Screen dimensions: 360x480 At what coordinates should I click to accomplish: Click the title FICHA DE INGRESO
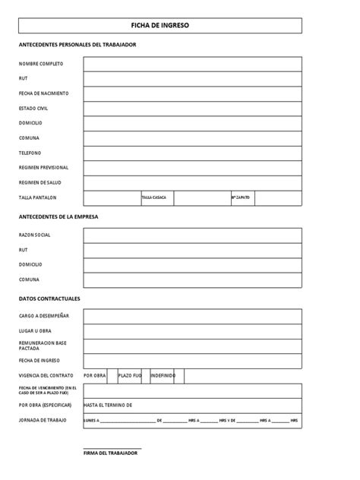(x=159, y=25)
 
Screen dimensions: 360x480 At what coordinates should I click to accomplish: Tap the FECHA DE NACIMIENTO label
(x=43, y=93)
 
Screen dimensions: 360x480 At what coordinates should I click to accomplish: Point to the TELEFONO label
(x=30, y=153)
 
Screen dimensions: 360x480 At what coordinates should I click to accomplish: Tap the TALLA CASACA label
(x=153, y=197)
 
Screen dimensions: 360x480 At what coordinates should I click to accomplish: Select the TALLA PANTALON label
(x=38, y=197)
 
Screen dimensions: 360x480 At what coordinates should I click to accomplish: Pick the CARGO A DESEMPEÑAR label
(x=44, y=316)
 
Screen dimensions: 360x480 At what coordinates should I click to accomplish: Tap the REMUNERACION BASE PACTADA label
(x=43, y=346)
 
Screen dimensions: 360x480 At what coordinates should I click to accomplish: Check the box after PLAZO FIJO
(x=146, y=376)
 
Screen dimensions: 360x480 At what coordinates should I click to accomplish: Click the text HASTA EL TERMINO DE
(x=109, y=406)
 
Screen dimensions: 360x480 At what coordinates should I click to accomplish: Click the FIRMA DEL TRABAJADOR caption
(x=110, y=453)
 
